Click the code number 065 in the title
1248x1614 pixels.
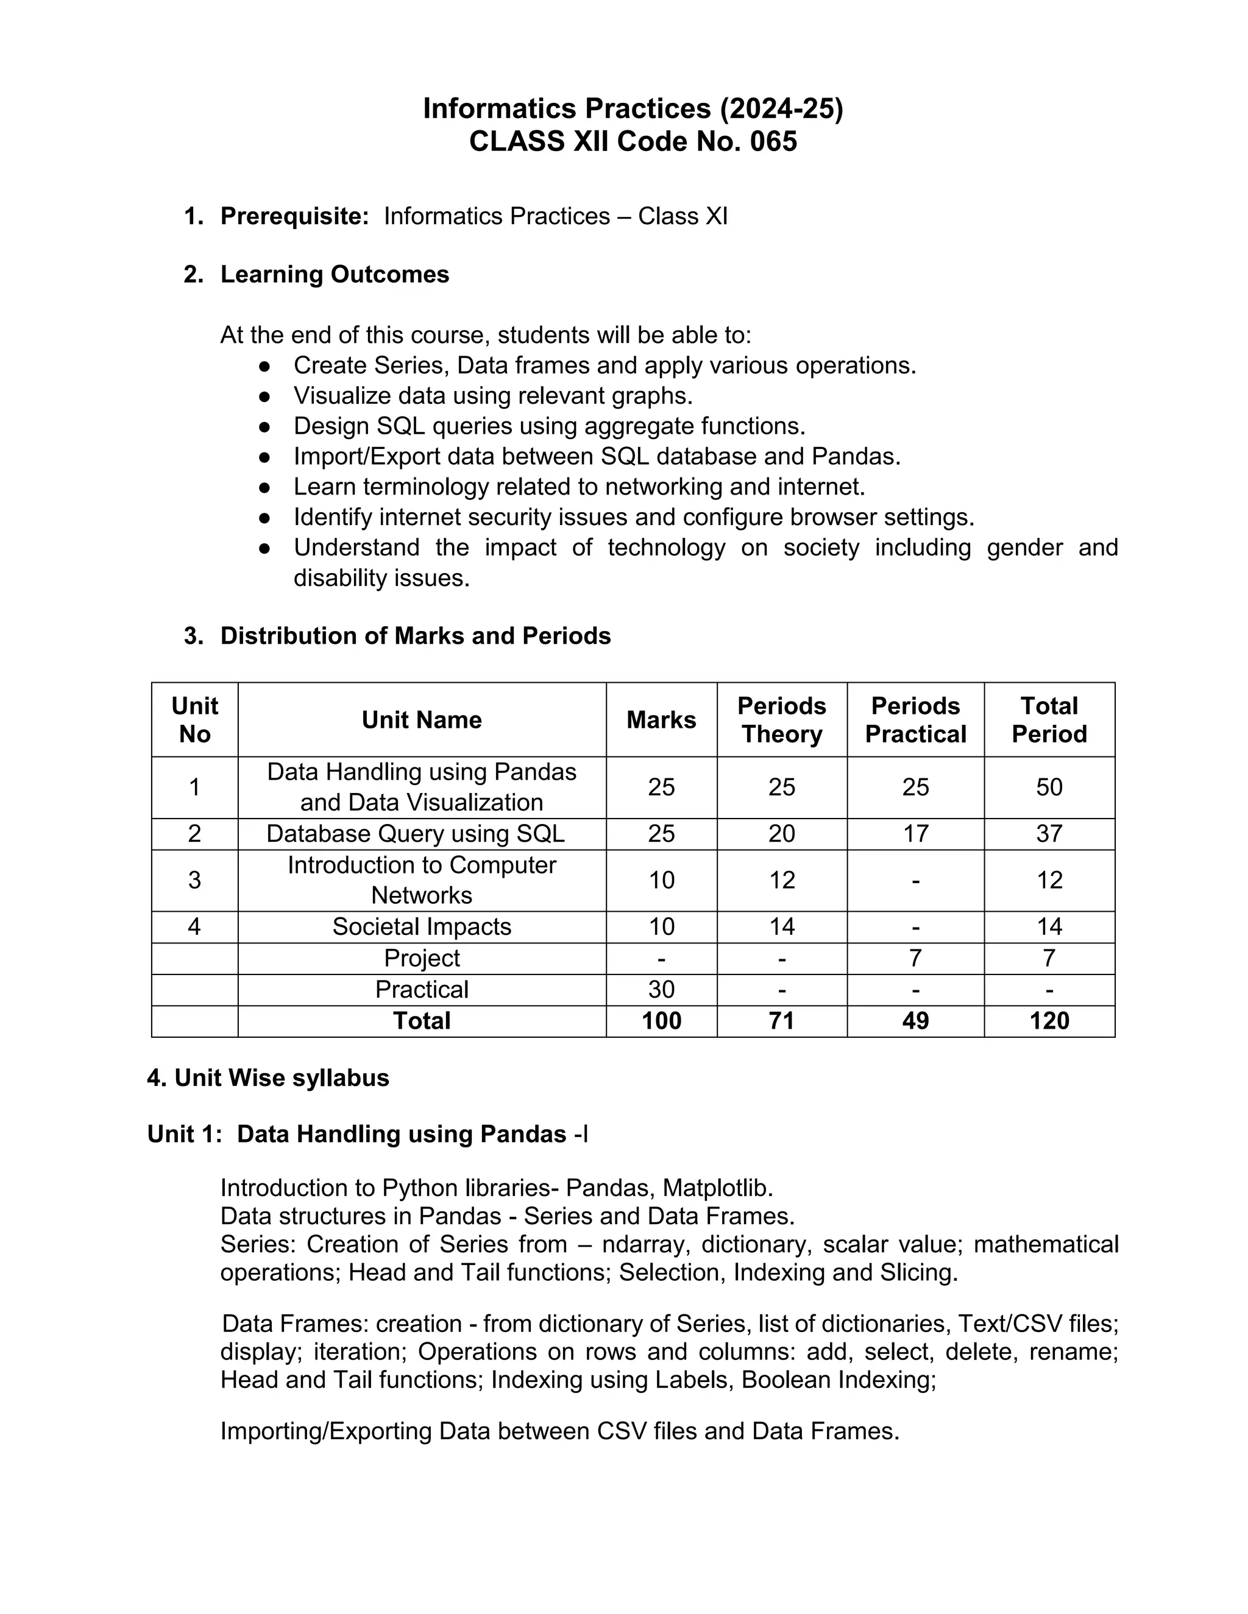[773, 141]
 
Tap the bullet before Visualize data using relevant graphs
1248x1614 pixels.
[264, 396]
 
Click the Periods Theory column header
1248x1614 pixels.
[781, 720]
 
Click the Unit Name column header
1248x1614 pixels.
[422, 720]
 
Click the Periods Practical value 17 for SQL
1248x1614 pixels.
[915, 834]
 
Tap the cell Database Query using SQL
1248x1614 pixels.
[415, 834]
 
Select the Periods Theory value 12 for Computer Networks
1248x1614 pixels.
[781, 880]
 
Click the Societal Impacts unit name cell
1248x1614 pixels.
[422, 927]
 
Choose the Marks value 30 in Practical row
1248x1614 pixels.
[661, 990]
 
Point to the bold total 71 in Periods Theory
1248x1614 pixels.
[781, 1021]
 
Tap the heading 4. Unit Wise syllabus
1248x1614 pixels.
[268, 1078]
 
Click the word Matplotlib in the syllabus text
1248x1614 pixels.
[717, 1188]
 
